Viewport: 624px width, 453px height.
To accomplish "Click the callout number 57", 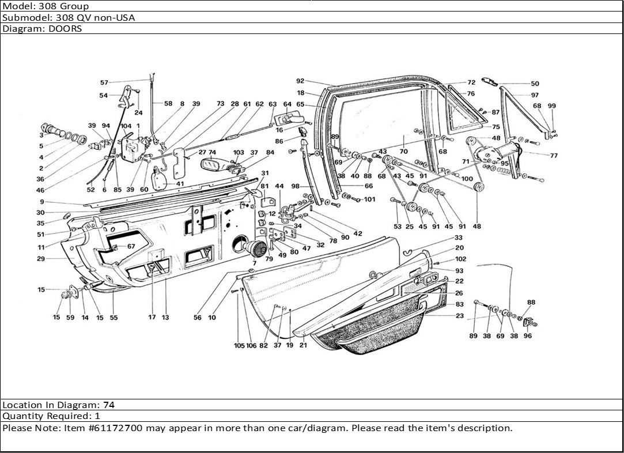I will tap(104, 82).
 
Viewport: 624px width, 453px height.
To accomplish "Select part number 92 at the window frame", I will tap(300, 81).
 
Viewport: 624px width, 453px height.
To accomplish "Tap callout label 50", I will tap(535, 84).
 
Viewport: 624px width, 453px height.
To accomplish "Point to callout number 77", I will tap(554, 156).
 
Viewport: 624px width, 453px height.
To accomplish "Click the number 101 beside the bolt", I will tap(369, 200).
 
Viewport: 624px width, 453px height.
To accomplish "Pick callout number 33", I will tap(458, 237).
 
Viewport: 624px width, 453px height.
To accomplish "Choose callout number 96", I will tap(528, 336).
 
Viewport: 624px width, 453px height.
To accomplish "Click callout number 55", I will tap(114, 318).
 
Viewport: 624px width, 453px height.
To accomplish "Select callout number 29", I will tap(41, 259).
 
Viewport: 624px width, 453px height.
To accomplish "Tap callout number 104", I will tap(126, 126).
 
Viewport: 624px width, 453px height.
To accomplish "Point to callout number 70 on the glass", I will tap(403, 152).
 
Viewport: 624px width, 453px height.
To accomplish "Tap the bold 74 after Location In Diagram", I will tap(108, 405).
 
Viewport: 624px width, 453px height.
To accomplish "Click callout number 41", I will tap(180, 184).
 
